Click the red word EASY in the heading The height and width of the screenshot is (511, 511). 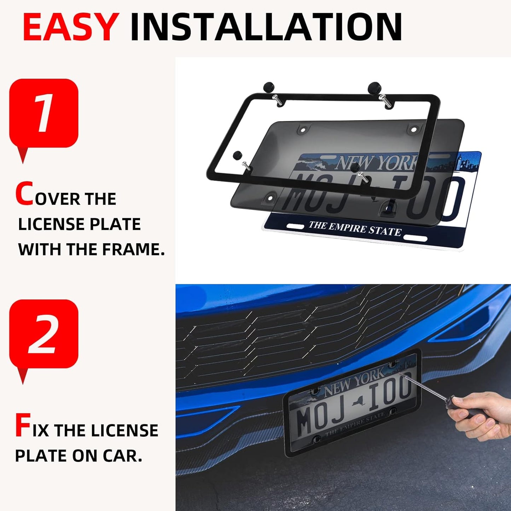70,27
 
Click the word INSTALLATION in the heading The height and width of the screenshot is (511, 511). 266,27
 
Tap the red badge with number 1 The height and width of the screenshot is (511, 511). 43,113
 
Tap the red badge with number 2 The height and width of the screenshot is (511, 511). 43,334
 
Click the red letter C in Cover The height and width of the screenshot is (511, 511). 24,194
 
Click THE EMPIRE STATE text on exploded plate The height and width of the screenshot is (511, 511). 355,228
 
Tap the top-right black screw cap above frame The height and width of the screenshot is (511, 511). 373,86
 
